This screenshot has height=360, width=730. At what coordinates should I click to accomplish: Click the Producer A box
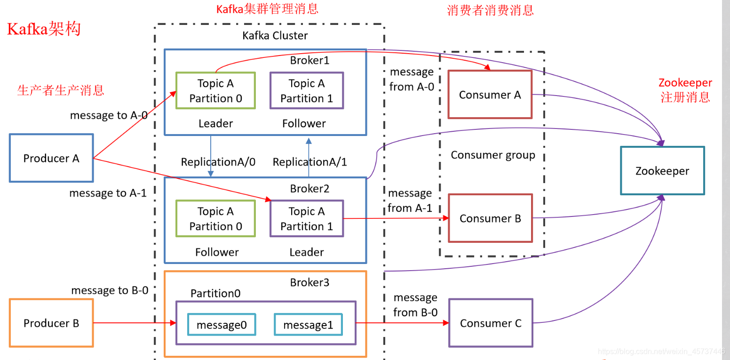(51, 158)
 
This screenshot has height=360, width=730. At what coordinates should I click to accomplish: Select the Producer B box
(51, 323)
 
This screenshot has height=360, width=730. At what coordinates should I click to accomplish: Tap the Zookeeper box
(662, 171)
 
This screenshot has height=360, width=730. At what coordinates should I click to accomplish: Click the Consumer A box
(490, 95)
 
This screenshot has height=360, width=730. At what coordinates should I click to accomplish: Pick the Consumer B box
(490, 218)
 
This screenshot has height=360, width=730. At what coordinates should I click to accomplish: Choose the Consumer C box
(491, 323)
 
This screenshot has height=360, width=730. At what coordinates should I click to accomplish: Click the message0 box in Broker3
(222, 325)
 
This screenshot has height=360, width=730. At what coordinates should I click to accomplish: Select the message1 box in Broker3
(308, 325)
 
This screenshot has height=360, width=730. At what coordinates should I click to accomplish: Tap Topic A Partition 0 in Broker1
(215, 90)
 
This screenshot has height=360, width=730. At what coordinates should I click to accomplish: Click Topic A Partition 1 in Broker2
(307, 219)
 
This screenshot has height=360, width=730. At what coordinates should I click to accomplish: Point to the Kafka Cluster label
(275, 35)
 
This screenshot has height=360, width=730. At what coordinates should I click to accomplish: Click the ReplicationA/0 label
(218, 162)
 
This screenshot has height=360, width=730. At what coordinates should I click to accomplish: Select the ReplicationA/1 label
(310, 162)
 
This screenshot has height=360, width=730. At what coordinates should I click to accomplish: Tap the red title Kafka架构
(44, 29)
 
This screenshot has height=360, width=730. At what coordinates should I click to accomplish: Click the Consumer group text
(493, 155)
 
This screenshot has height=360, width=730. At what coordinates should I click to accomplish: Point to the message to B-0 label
(110, 290)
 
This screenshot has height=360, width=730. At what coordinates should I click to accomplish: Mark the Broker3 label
(309, 282)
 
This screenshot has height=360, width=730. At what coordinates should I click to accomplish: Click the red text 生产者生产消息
(61, 90)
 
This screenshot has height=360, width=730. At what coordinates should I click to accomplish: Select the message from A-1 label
(410, 200)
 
